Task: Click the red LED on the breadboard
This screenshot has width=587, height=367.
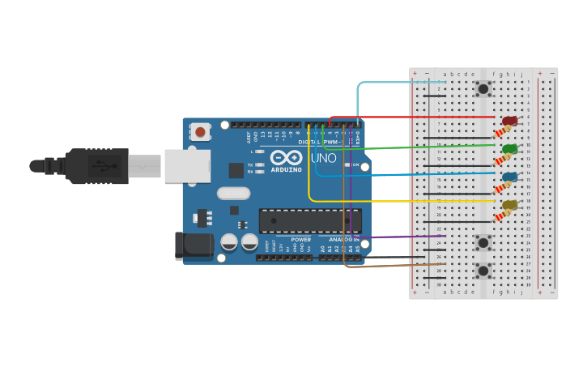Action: (509, 122)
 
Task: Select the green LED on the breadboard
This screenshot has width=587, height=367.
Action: (509, 149)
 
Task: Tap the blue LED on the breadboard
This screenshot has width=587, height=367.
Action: (509, 177)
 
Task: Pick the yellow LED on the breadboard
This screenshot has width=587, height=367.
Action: (509, 205)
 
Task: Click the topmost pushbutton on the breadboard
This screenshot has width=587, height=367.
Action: (483, 88)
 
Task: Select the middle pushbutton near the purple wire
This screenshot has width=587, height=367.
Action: (483, 241)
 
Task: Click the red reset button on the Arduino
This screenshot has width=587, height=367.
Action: (200, 130)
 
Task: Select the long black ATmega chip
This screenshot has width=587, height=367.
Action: (310, 220)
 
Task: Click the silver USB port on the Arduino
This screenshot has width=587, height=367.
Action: (187, 166)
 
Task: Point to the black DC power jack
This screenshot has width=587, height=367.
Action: (194, 246)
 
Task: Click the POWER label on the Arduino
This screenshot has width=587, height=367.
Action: (300, 240)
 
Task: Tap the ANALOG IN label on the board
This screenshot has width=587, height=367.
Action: (345, 240)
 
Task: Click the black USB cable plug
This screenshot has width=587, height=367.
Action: (97, 166)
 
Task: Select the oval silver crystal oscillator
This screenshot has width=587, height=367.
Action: (233, 194)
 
